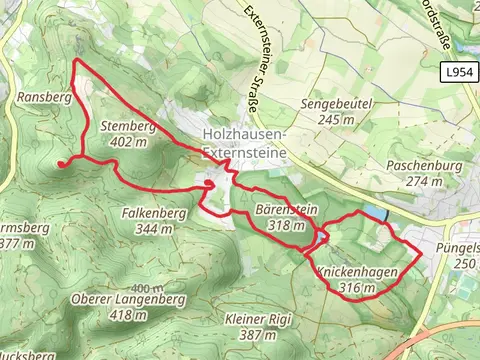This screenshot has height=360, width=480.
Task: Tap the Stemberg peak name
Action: click(x=129, y=127)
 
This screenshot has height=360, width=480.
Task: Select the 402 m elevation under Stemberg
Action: click(x=129, y=141)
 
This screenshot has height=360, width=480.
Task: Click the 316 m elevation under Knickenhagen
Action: click(x=357, y=288)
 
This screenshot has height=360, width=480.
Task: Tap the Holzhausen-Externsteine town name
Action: click(x=244, y=143)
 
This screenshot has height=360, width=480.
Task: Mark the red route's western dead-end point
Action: click(x=60, y=163)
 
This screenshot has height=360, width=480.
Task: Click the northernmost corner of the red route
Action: click(x=77, y=61)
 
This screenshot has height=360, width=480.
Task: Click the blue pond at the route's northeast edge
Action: click(x=375, y=214)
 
